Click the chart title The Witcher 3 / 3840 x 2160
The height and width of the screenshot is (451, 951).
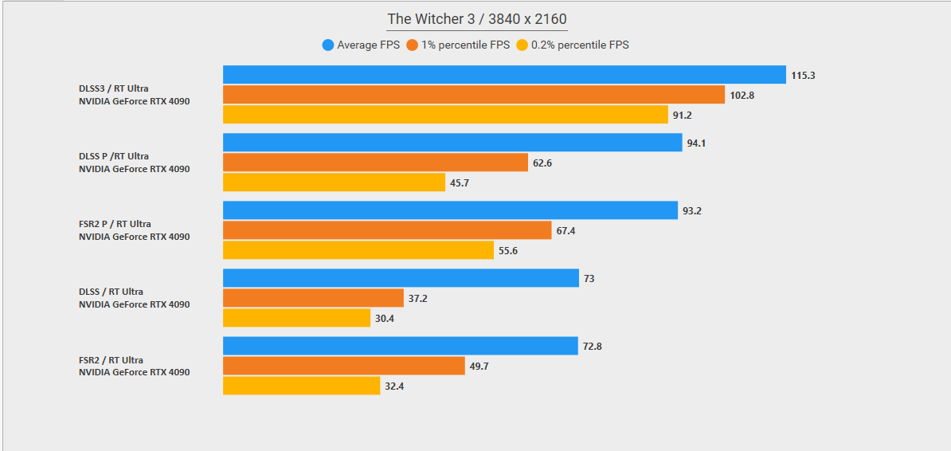[477, 19]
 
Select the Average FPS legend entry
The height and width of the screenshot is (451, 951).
[361, 45]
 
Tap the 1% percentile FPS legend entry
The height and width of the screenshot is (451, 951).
[458, 45]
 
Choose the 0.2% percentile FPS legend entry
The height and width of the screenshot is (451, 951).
[573, 45]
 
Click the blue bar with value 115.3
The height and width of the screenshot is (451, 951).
[504, 75]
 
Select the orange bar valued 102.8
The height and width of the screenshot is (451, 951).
[474, 95]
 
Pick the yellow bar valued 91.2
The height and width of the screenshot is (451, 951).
[445, 115]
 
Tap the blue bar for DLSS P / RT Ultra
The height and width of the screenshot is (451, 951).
[452, 143]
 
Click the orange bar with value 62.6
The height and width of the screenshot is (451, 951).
[375, 163]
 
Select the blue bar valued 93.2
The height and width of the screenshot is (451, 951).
[450, 210]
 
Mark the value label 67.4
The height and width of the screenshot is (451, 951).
[566, 231]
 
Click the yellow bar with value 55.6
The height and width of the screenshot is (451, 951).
[358, 250]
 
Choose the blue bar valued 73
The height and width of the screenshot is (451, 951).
[401, 278]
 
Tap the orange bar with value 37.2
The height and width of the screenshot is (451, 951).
[313, 298]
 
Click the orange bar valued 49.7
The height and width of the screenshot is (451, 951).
[343, 366]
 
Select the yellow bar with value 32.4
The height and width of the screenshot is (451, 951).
[301, 386]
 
